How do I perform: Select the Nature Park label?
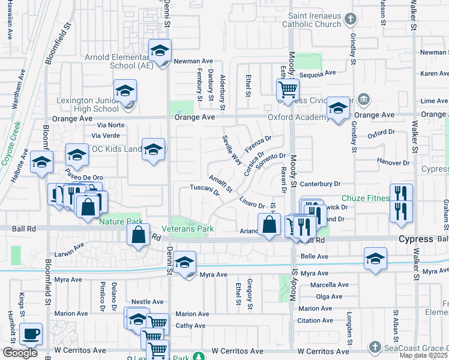[121, 221]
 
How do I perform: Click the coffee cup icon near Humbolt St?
[30, 333]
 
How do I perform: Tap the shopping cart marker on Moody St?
[288, 89]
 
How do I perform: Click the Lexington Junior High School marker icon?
[125, 91]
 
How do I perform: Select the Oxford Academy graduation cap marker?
[338, 109]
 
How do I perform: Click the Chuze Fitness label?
[364, 199]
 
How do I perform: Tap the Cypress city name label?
[416, 239]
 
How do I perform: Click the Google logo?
[20, 352]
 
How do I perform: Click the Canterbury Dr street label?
[320, 184]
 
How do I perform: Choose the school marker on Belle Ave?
[375, 258]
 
